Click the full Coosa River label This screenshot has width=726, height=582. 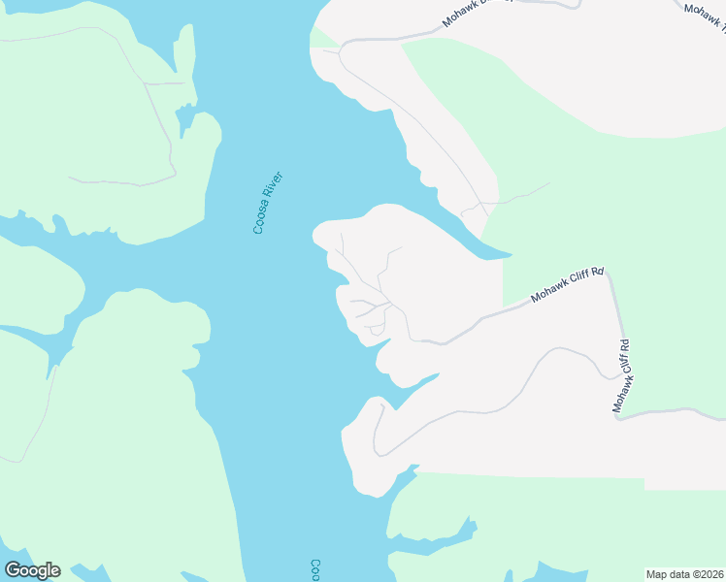click(x=267, y=203)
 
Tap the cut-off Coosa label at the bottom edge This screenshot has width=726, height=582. click(x=315, y=569)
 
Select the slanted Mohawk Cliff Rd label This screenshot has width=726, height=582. click(x=567, y=287)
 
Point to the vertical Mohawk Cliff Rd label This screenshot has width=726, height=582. click(x=622, y=375)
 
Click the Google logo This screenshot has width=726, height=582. click(x=32, y=570)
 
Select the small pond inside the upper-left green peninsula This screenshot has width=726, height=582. click(x=185, y=120)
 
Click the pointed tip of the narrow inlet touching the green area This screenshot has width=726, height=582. click(x=510, y=255)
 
